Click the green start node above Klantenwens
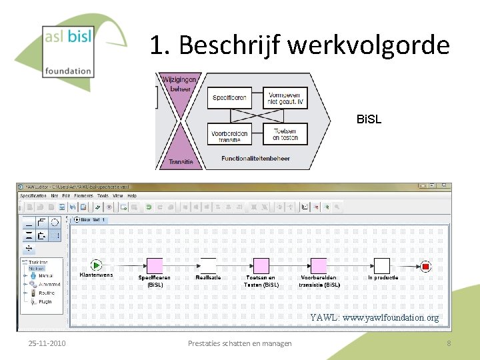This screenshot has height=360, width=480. coord(96,265)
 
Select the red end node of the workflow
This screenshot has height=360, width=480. coord(426,267)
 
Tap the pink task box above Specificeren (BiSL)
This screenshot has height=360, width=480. coord(154,266)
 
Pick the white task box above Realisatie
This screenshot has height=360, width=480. coord(208,266)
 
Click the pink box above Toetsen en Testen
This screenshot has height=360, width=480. coord(261,266)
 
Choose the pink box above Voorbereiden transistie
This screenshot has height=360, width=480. coord(319,266)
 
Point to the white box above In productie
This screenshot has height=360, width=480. coord(382,266)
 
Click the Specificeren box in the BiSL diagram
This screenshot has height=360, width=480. coord(230,98)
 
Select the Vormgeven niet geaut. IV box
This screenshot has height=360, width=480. coord(285,99)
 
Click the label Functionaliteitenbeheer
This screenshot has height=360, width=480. coord(256,158)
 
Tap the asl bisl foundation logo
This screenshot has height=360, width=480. coord(67,50)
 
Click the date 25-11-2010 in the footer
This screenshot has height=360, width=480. coord(47,343)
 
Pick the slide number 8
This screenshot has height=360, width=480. coord(449,343)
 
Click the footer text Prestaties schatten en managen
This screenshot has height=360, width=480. coord(240,343)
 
